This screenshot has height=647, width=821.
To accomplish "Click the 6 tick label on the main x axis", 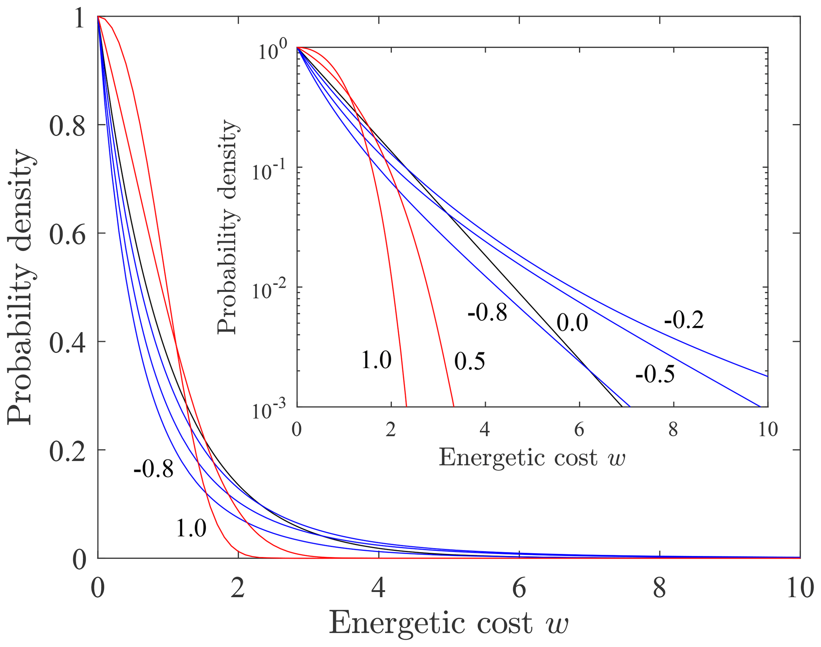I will (x=519, y=588).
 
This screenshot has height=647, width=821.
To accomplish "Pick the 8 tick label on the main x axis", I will (x=659, y=588).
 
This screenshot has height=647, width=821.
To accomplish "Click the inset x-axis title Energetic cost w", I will (x=532, y=457).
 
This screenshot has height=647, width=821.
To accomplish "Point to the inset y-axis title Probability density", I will (x=228, y=227).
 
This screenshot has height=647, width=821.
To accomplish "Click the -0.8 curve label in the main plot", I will (x=154, y=470).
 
